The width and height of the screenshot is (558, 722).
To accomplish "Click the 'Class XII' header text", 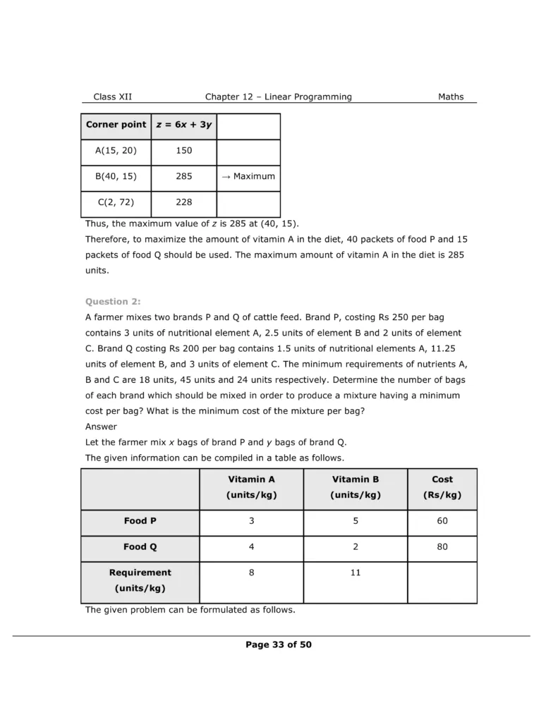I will click(112, 97).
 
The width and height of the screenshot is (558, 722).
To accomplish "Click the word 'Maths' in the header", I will click(451, 97).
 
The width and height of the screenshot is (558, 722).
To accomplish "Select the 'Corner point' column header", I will click(116, 125).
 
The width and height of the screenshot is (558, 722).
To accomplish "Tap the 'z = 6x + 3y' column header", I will click(184, 125).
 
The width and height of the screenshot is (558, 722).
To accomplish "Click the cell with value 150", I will click(184, 150).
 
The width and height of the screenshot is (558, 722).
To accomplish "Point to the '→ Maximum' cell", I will click(248, 176).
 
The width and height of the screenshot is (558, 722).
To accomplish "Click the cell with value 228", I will click(184, 202).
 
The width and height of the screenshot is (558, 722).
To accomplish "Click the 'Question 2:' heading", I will click(113, 302).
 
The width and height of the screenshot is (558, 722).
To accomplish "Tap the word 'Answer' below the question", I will click(101, 427).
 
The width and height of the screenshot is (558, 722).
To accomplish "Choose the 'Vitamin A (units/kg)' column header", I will click(251, 487).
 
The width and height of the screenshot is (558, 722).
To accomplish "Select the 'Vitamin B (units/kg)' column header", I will click(356, 487).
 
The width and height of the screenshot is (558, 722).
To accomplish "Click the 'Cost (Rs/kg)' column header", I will click(442, 487).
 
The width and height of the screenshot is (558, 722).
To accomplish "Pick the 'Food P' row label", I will click(140, 521).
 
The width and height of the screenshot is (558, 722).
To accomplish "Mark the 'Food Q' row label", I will click(140, 547).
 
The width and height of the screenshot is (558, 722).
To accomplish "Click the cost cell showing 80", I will click(442, 547).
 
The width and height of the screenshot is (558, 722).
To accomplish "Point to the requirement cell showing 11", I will click(356, 573).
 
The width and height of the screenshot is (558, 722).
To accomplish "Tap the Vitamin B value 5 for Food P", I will click(356, 521).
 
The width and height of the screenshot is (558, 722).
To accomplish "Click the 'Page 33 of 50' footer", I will click(279, 644).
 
